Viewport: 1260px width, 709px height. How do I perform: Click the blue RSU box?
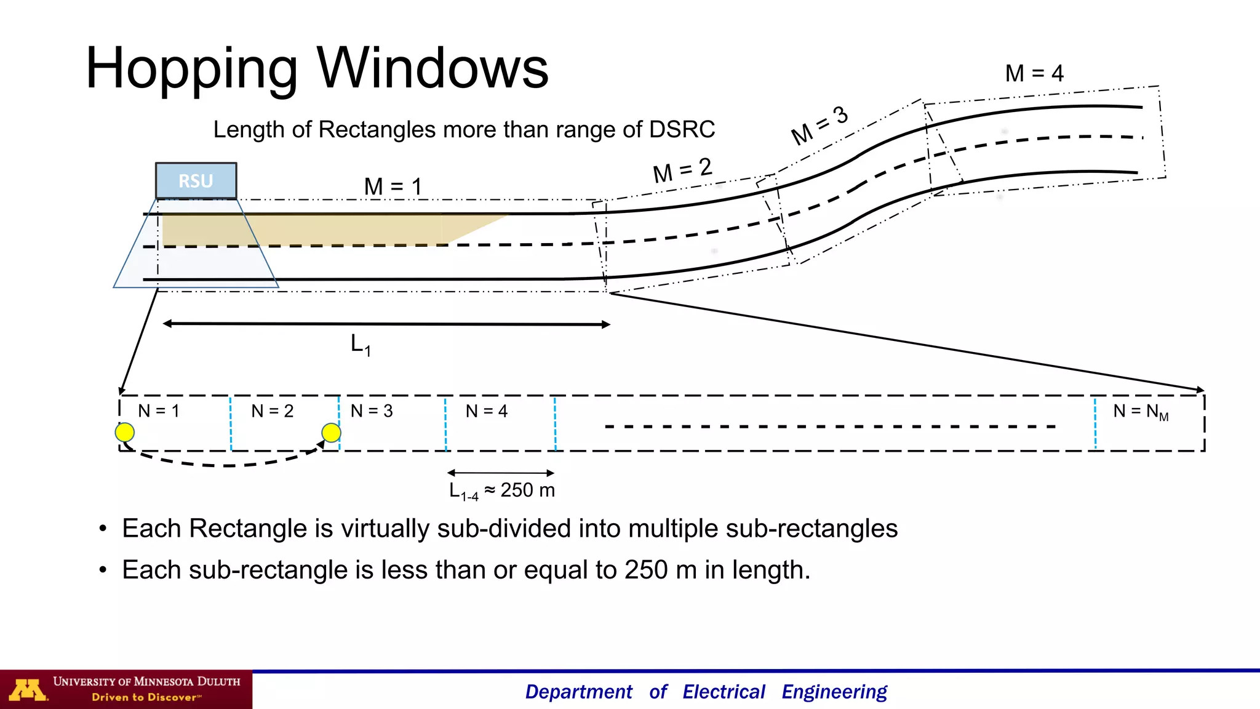196,181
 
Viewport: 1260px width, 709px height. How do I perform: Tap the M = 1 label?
393,186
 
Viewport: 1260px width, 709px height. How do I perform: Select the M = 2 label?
682,170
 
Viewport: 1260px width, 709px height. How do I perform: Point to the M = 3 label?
819,124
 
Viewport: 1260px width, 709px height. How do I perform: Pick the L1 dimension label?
361,345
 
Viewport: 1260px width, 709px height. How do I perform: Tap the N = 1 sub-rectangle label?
159,411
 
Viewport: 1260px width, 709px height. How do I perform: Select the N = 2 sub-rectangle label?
272,411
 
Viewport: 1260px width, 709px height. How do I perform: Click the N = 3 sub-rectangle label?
371,411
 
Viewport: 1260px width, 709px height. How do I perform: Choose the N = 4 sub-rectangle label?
486,411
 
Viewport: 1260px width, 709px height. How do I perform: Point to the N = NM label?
1140,412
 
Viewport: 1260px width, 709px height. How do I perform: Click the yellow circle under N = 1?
125,432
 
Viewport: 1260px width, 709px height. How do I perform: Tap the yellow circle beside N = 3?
331,433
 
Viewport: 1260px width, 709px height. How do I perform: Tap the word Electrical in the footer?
724,692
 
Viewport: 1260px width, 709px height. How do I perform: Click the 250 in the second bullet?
646,570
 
